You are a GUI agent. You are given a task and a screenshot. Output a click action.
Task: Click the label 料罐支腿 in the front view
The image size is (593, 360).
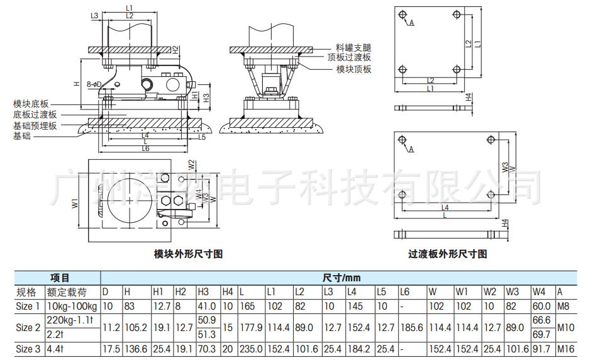click(353, 47)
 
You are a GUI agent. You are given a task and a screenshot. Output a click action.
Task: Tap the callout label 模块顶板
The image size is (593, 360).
click(353, 69)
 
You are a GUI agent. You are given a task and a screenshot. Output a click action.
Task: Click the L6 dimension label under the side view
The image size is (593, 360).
click(145, 149)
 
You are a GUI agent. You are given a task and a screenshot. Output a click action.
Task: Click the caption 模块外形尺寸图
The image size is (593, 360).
click(189, 254)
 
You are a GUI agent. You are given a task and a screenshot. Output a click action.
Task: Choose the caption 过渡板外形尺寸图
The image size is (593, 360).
click(448, 254)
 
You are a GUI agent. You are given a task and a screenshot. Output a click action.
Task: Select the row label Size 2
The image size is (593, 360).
click(28, 327)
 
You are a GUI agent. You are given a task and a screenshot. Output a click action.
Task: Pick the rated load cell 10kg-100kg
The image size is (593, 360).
click(72, 307)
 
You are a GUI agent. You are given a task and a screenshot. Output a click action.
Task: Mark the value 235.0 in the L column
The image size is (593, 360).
click(250, 349)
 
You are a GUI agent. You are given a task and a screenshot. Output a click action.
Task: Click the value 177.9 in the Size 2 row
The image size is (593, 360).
click(250, 327)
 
